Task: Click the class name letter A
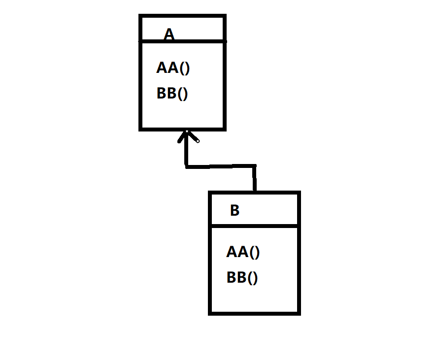pos(169,34)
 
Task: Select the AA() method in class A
pos(173,67)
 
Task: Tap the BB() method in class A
pos(172,93)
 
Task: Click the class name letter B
pos(235,211)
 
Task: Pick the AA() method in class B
pos(243,252)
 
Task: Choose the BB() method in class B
pos(242,278)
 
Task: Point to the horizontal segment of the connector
pos(220,166)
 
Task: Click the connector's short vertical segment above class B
pos(255,179)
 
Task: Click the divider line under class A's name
pos(183,42)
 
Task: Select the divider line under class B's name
pos(254,227)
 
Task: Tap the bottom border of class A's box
pos(183,129)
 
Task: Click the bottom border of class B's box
pos(254,312)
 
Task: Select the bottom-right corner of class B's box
pos(298,312)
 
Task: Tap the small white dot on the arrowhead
pos(198,141)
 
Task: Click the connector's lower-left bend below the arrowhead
pos(187,166)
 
